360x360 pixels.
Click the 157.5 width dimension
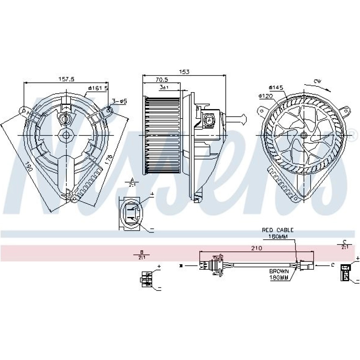coord(66,80)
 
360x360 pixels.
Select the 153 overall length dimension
coord(184,72)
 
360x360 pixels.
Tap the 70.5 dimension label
coord(162,80)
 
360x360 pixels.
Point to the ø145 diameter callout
coord(276,87)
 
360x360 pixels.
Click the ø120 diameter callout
coord(266,96)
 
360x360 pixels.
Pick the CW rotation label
coord(317,82)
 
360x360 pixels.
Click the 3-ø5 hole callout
coord(119,102)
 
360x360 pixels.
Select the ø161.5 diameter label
coord(98,88)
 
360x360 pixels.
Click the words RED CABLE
coord(278,230)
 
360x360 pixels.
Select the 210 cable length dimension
coord(257,248)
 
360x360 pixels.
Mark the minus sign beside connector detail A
coord(152,229)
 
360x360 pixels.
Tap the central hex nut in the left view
coord(67,135)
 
